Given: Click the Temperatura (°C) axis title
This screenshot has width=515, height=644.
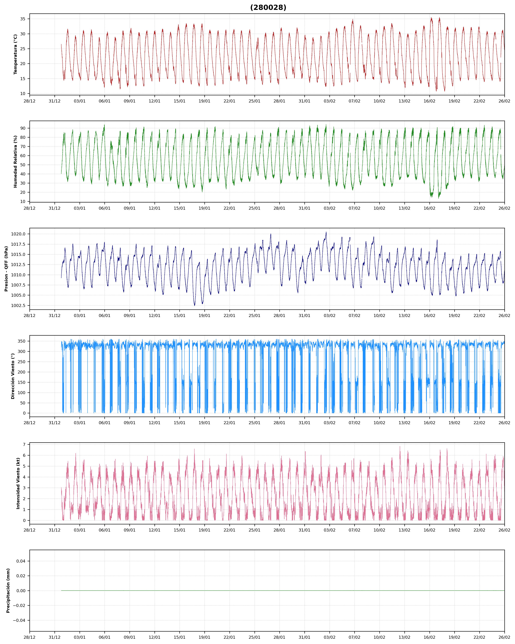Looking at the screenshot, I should pos(16,54).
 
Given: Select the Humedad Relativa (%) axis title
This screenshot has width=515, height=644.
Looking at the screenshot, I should pos(16,162).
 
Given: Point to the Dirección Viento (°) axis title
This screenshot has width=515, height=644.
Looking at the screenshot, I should pos(13,376).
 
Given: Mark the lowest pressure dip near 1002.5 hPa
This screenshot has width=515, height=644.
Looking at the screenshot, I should pos(194,305).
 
